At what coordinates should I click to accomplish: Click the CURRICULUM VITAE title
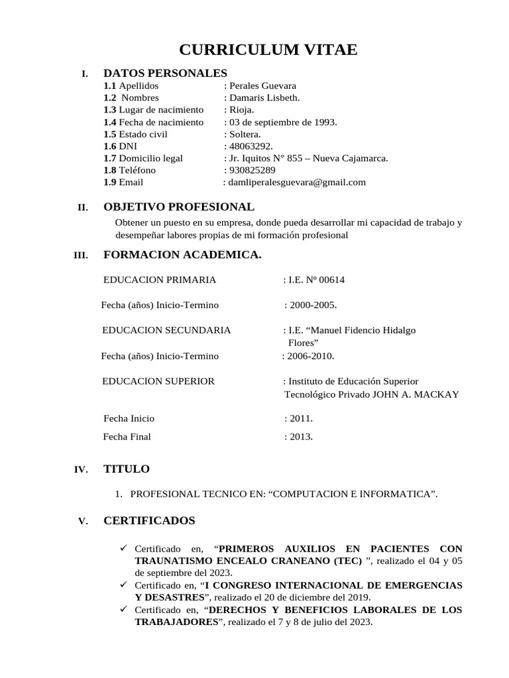[268, 50]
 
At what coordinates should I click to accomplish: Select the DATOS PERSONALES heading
[165, 73]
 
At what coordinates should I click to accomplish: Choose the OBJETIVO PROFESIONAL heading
[178, 207]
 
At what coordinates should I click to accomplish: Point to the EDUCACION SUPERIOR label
[159, 381]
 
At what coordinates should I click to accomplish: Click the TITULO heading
[127, 469]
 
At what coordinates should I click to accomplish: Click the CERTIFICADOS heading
[149, 521]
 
